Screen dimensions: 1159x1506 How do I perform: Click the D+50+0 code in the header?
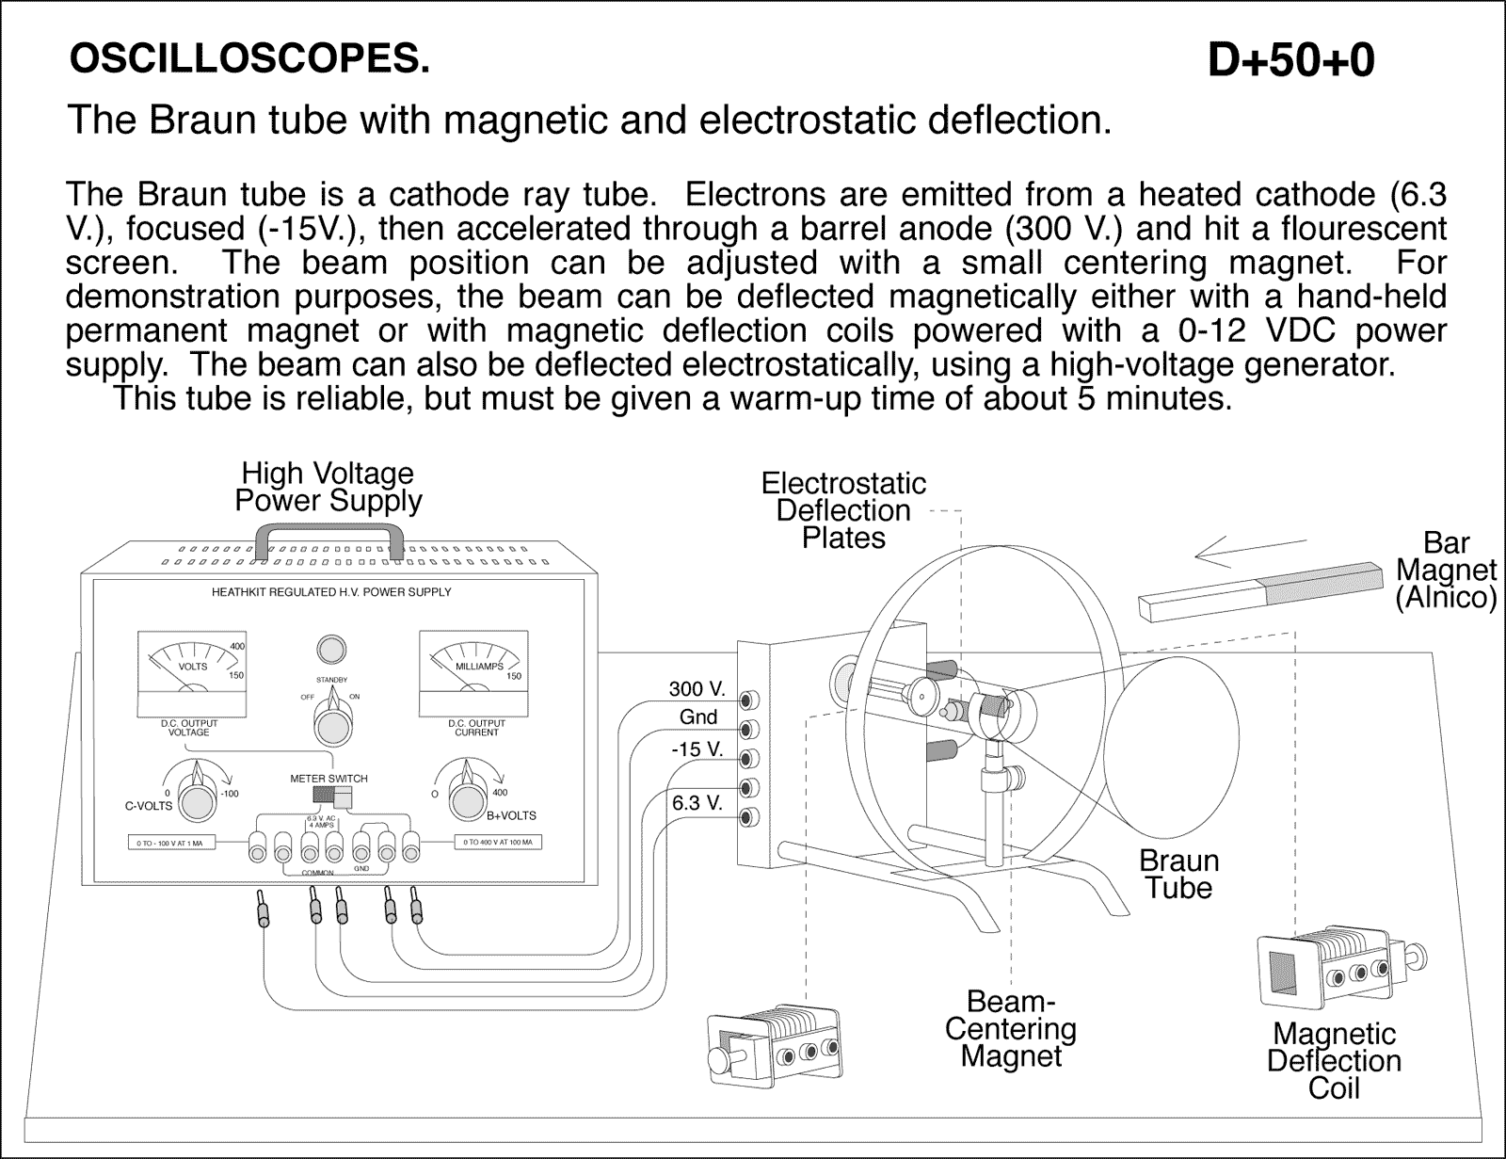(x=1290, y=61)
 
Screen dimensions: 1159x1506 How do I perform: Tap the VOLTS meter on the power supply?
(x=193, y=674)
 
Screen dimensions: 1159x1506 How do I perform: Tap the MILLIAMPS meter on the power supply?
(x=473, y=674)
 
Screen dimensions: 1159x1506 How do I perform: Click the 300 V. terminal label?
(x=697, y=689)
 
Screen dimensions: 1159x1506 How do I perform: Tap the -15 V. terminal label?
(x=697, y=749)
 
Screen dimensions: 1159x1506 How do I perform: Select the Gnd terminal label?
(x=698, y=717)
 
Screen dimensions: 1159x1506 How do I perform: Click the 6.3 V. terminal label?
(x=697, y=803)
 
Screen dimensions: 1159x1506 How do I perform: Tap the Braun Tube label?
(x=1178, y=874)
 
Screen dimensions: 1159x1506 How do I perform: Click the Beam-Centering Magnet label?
(x=1010, y=1028)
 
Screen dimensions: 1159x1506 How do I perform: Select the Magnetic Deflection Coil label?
(x=1334, y=1060)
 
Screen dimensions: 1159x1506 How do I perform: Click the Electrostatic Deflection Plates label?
(x=843, y=510)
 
